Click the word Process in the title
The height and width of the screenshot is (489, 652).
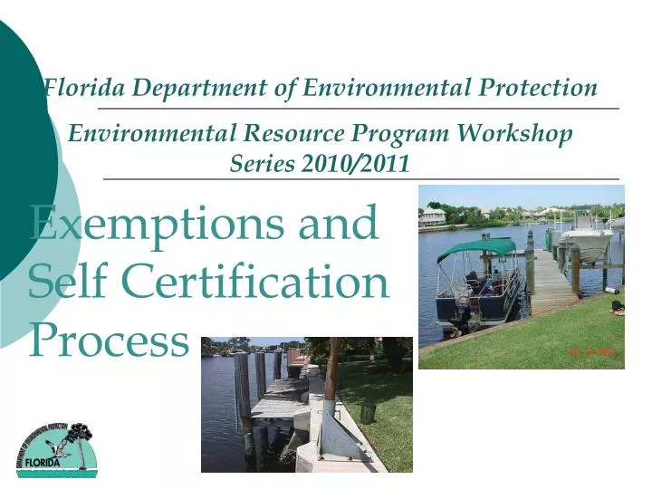click(107, 340)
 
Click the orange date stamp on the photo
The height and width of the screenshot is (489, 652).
click(591, 352)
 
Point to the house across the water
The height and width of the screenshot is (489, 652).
click(433, 216)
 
